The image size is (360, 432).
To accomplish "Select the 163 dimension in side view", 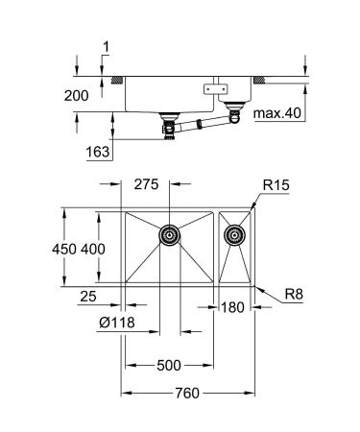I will [x=97, y=151].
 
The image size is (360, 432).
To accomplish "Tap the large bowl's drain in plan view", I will [x=168, y=233].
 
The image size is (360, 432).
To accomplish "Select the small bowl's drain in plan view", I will [x=232, y=233].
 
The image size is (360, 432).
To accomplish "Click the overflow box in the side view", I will [x=208, y=88].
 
